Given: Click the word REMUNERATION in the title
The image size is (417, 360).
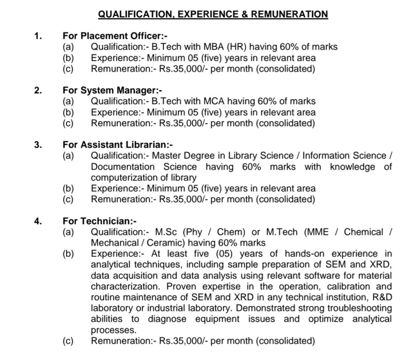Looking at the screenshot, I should coord(289,14).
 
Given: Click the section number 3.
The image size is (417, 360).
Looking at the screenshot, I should coord(37,144).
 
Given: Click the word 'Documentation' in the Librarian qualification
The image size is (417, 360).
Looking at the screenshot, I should coord(123,167).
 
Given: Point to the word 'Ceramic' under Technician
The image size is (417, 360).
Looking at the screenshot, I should coord(167,243).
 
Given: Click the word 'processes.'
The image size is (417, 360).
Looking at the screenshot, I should coord(115,330).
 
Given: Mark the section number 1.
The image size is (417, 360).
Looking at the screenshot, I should coord(37,36).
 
